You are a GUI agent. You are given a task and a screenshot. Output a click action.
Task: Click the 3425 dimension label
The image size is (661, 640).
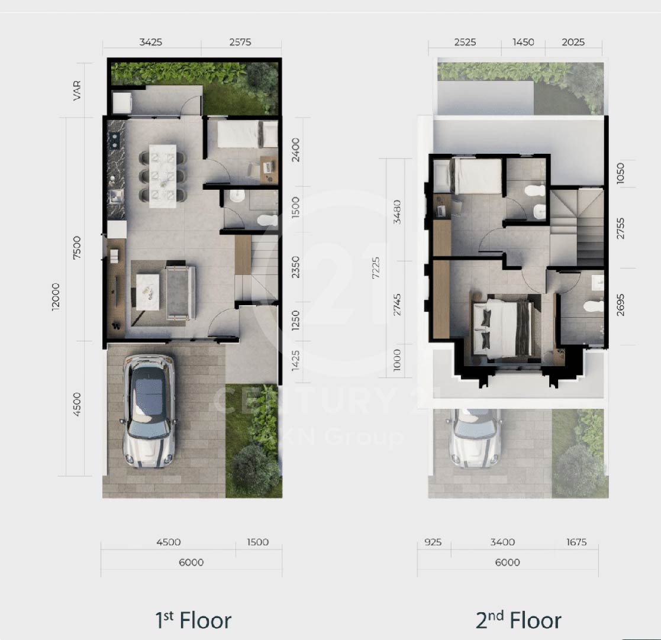(150, 42)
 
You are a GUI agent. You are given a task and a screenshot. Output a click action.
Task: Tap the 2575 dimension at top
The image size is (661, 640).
(240, 42)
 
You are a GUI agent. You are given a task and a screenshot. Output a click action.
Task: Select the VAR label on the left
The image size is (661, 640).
(77, 90)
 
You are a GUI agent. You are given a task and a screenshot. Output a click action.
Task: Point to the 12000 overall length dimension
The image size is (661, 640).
(56, 297)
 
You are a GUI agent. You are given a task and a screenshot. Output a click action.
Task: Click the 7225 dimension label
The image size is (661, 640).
(376, 268)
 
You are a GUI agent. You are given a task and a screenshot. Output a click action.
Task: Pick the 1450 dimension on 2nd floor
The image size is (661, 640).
(523, 42)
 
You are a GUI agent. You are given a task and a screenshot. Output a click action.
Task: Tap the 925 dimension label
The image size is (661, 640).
(433, 542)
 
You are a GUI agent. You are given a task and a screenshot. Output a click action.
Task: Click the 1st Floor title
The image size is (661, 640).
(193, 620)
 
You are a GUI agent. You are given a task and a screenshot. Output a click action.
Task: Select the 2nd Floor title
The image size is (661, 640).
(518, 620)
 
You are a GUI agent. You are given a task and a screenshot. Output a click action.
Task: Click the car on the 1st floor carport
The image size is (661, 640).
(149, 411)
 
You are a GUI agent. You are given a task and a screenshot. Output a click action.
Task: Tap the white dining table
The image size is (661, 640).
(163, 176)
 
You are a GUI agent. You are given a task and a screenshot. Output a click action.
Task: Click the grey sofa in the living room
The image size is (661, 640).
(181, 292)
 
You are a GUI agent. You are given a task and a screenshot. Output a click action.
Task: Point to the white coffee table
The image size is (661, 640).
(147, 292)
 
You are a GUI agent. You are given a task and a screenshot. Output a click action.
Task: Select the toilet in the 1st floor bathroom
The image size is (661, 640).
(267, 220)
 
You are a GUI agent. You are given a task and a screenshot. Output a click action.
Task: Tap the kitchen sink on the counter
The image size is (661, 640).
(115, 196)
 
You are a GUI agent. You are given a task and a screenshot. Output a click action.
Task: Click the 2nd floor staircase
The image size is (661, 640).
(577, 228)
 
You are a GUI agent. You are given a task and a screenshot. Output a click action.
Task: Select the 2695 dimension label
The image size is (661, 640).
(620, 305)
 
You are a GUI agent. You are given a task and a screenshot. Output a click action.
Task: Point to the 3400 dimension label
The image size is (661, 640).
(502, 542)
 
